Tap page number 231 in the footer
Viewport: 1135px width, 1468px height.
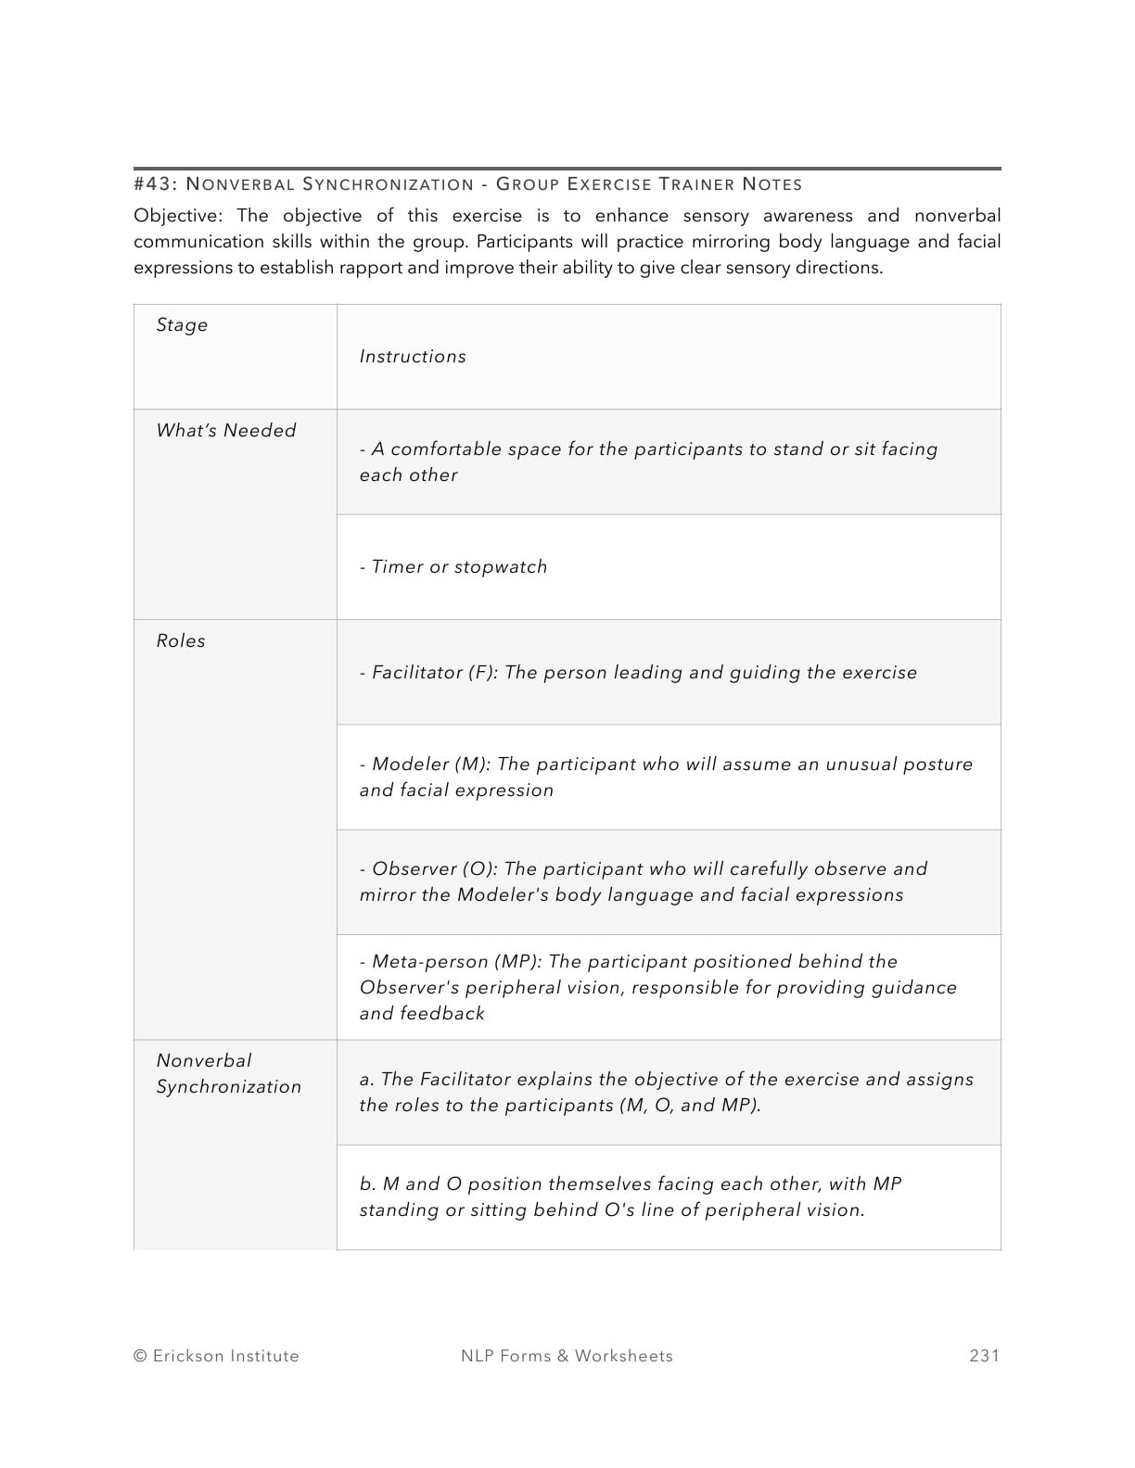click(x=984, y=1356)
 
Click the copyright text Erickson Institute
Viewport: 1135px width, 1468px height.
click(x=216, y=1356)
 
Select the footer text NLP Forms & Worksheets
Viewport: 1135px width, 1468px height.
click(x=567, y=1356)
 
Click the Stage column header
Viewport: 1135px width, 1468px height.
click(x=182, y=325)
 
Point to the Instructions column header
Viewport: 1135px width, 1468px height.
click(x=413, y=357)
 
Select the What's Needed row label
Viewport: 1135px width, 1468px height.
click(x=226, y=431)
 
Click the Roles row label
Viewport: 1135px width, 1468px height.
click(x=181, y=641)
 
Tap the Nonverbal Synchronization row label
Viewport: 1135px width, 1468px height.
click(x=228, y=1074)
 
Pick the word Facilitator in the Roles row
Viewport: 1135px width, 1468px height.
click(x=415, y=673)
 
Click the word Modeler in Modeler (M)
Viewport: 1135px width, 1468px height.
click(x=410, y=765)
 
